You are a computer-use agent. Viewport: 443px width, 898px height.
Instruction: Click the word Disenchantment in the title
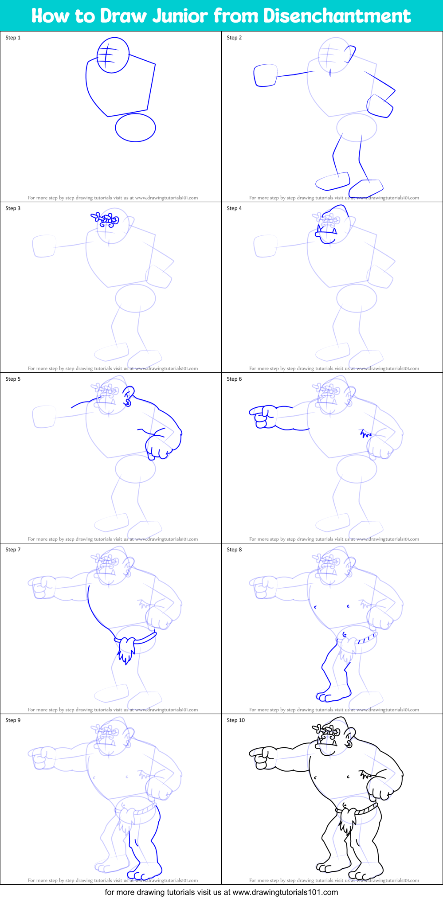(337, 16)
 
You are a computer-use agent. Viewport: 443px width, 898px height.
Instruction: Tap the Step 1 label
(13, 38)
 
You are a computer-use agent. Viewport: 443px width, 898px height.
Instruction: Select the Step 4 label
(234, 208)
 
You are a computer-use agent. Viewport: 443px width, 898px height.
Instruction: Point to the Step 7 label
(13, 550)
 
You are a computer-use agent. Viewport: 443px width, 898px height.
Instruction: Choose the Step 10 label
(235, 720)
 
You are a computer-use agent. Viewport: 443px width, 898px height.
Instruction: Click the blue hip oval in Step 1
(135, 128)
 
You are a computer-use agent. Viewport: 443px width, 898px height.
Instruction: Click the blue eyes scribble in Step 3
(106, 219)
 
